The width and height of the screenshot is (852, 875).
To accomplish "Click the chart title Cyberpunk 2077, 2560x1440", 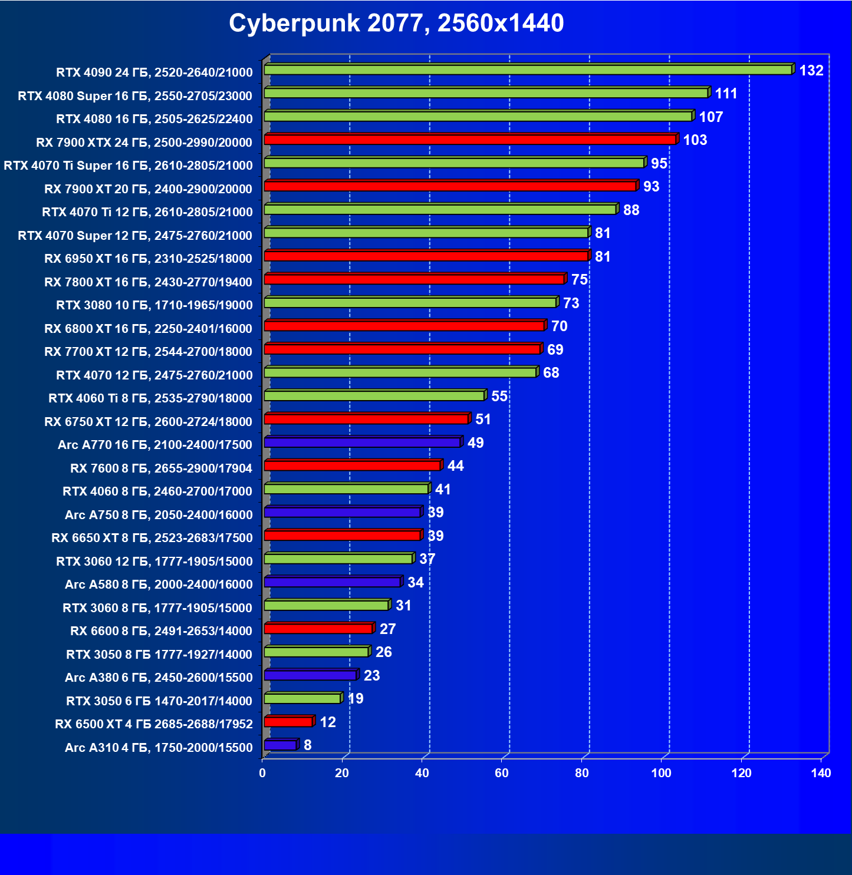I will pyautogui.click(x=396, y=24).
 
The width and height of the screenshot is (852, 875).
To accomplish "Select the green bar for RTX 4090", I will pyautogui.click(x=528, y=70).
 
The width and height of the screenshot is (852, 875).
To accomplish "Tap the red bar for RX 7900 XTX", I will pyautogui.click(x=470, y=140).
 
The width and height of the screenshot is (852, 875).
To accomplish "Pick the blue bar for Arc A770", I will pyautogui.click(x=363, y=443).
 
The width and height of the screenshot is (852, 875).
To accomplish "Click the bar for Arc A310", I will pyautogui.click(x=280, y=745).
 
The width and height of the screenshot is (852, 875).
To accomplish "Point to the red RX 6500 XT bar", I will pyautogui.click(x=288, y=722).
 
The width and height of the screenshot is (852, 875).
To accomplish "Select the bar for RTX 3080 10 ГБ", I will pyautogui.click(x=410, y=303).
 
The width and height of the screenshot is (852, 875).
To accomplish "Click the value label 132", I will pyautogui.click(x=811, y=71).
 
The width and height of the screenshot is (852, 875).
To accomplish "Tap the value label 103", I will pyautogui.click(x=695, y=140).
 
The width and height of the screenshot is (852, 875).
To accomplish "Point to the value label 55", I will pyautogui.click(x=499, y=397).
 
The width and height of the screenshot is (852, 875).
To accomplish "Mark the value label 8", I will pyautogui.click(x=307, y=745).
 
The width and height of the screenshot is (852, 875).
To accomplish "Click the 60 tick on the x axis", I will pyautogui.click(x=502, y=773).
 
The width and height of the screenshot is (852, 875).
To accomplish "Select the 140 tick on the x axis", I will pyautogui.click(x=821, y=773).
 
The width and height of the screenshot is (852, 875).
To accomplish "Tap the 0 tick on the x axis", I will pyautogui.click(x=262, y=773).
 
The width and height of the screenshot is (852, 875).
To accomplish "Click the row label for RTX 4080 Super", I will pyautogui.click(x=135, y=96).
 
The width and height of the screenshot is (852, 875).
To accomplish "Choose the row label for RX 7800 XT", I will pyautogui.click(x=148, y=282).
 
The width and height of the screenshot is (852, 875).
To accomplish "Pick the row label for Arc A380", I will pyautogui.click(x=159, y=678).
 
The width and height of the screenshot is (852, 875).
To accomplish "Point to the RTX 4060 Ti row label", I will pyautogui.click(x=150, y=398).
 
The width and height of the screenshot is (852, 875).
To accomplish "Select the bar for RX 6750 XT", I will pyautogui.click(x=367, y=419).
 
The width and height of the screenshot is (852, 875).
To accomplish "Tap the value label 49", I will pyautogui.click(x=475, y=443).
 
